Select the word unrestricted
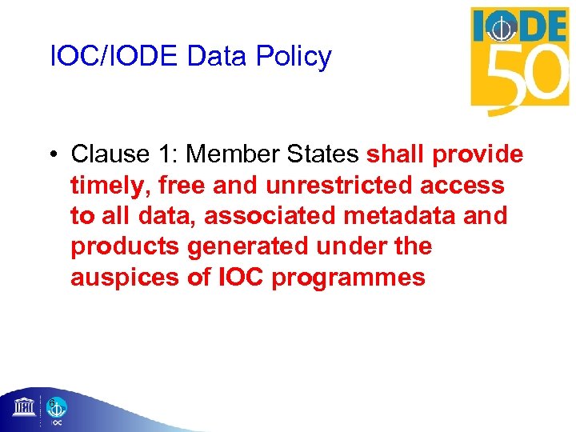click(323, 186)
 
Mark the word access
click(465, 186)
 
